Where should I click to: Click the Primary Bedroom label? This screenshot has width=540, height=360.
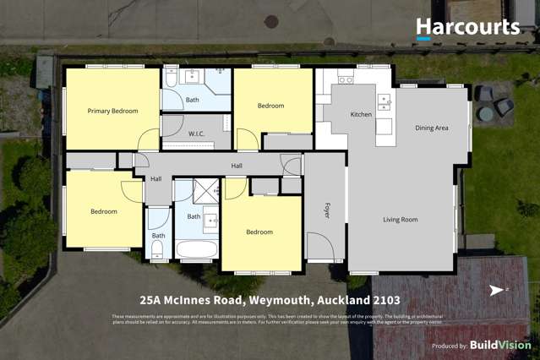pos(112,111)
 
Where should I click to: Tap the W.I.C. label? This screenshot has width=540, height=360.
pos(196,134)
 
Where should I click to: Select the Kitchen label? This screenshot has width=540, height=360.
pos(361,114)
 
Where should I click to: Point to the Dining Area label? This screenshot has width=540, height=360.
pos(431,128)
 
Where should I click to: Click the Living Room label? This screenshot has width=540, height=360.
pos(400,220)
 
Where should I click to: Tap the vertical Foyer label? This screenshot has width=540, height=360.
pos(326,210)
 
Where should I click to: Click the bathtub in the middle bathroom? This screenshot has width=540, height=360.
pos(197,249)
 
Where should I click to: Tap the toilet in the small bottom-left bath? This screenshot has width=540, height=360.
pos(157,249)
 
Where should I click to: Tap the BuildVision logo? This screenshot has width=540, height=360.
pos(499,345)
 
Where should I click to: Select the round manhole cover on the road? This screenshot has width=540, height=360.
pos(271,22)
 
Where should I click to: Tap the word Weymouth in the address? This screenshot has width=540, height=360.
pos(279,301)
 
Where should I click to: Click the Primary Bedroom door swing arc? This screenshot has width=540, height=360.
pos(150,139)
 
